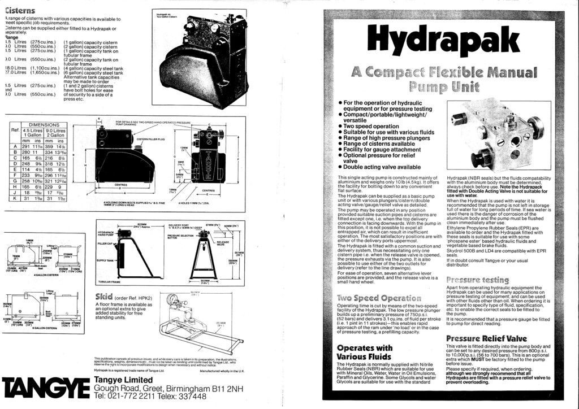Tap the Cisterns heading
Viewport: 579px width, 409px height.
[x=21, y=10]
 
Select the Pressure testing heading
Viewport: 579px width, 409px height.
[x=478, y=280]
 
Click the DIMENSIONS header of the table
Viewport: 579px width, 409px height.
[x=44, y=124]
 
